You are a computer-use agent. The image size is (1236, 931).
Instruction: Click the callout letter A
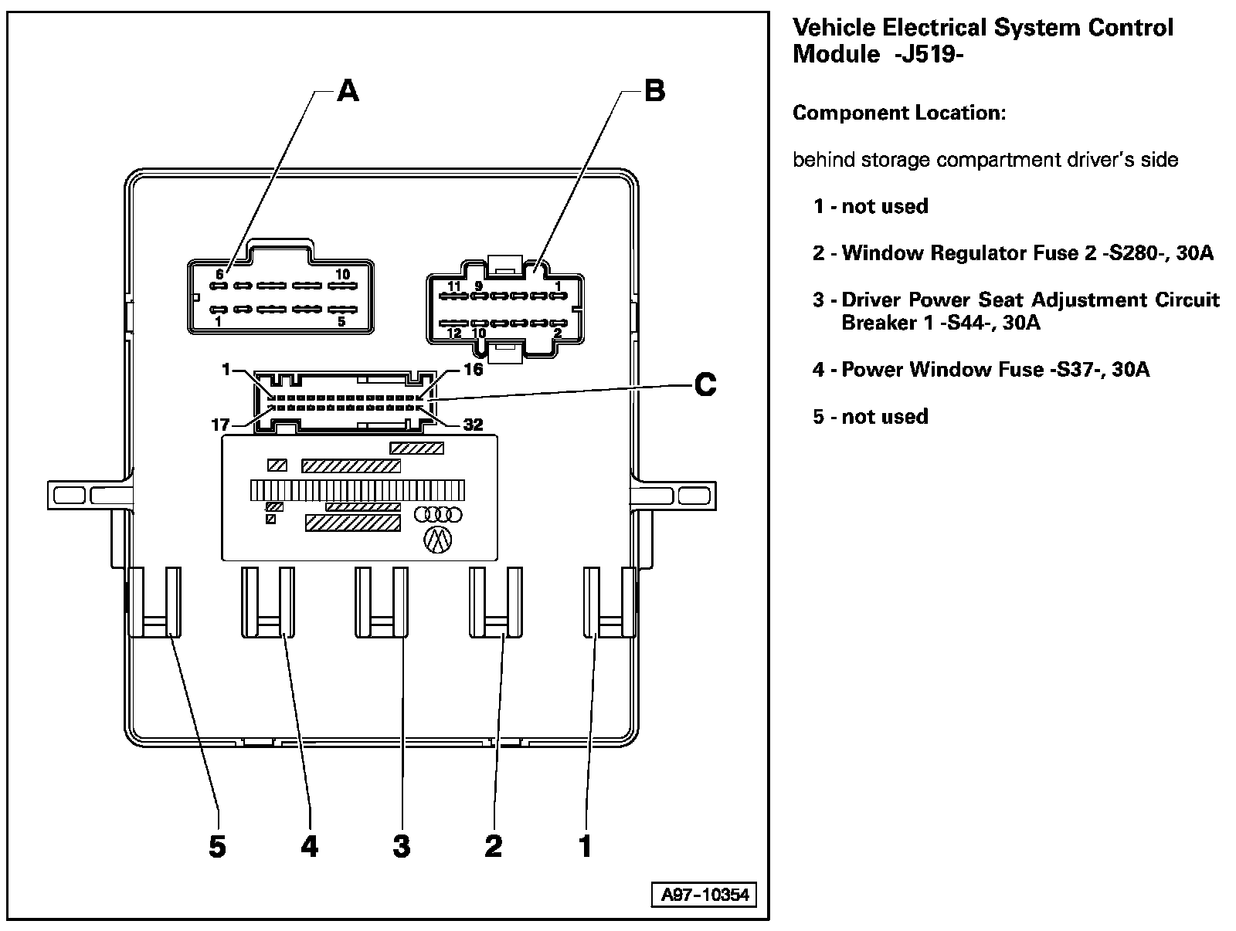point(348,92)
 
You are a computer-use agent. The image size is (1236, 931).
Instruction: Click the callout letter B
point(654,91)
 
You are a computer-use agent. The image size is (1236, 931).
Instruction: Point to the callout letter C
point(705,384)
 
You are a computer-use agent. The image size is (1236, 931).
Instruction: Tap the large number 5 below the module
point(217,847)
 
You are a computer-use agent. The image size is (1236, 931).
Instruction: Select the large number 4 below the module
point(309,847)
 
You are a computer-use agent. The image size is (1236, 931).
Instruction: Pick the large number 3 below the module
point(401,847)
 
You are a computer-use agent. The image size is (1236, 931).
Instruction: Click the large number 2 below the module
point(493,847)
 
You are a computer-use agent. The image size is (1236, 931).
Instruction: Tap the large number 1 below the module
point(585,847)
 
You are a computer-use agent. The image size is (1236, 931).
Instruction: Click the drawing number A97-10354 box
point(705,895)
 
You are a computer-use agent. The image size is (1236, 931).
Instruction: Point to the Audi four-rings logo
point(437,514)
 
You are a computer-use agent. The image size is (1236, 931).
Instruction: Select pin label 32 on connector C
point(472,425)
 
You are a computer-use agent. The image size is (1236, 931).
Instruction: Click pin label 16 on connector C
point(473,370)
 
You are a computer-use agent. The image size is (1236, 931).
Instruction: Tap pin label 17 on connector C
point(220,425)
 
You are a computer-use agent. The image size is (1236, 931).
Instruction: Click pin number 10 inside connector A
point(342,274)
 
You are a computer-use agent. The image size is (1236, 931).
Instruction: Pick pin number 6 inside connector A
point(219,274)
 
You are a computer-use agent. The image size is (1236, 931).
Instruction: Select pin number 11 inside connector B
point(454,286)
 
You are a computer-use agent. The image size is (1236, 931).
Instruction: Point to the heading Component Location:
point(899,113)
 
